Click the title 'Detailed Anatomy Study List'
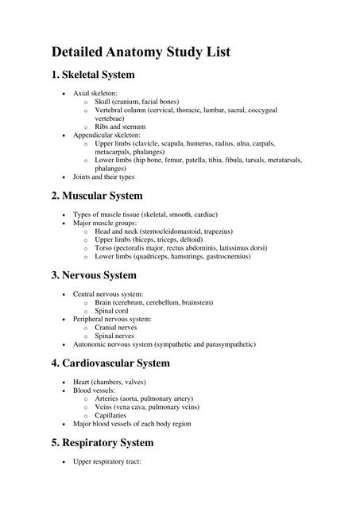[x=141, y=52]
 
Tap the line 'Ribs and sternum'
[x=120, y=126]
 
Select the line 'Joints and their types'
[x=104, y=177]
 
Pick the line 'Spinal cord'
[x=112, y=311]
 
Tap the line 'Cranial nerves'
[x=116, y=327]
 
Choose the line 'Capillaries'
[x=112, y=415]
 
